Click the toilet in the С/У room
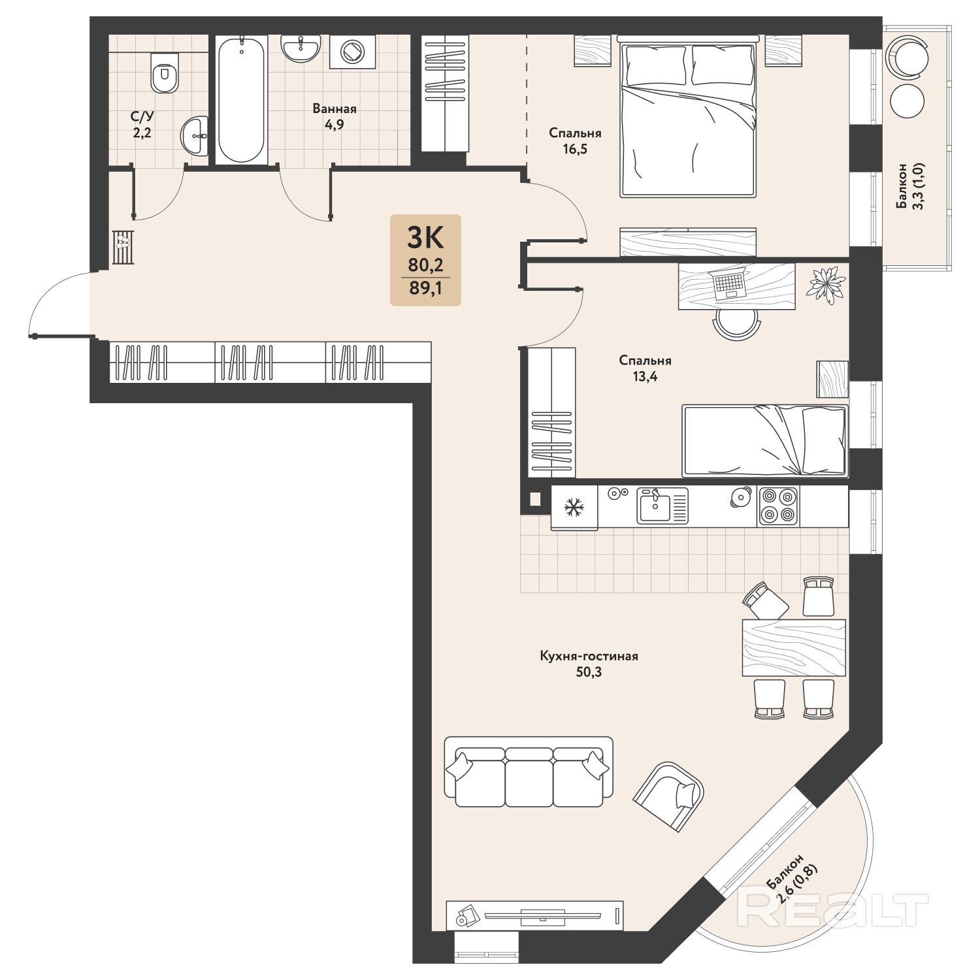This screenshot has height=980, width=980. pos(165,73)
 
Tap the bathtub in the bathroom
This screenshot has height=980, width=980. pos(241,99)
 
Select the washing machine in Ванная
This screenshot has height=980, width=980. pos(353,52)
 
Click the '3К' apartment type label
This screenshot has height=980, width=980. pos(425,238)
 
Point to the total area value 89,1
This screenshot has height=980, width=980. pos(425,287)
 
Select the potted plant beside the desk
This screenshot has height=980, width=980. pos(827,286)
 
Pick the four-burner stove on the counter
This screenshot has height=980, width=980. pos(778,506)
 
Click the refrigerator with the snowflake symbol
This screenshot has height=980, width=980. pos(574,507)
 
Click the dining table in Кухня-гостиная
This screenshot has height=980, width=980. pos(794,647)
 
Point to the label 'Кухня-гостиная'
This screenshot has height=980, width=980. pos(589,655)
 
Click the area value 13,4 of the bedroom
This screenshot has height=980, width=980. pos(645,376)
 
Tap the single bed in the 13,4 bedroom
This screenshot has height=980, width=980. pos(765,440)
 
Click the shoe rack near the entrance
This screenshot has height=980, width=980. pos(123,247)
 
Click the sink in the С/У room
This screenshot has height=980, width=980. pos(195,136)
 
